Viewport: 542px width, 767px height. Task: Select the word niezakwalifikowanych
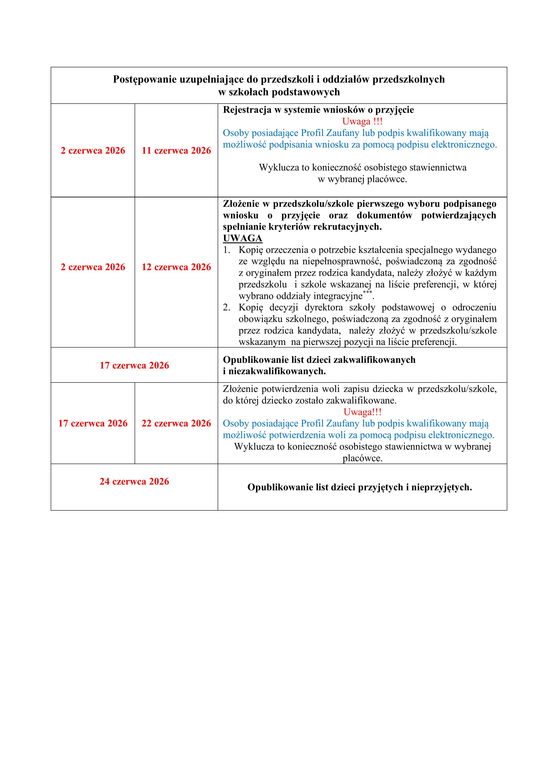tap(277, 371)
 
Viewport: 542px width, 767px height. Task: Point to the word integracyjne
tap(338, 296)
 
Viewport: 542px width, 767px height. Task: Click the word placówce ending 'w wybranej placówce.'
tap(387, 179)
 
